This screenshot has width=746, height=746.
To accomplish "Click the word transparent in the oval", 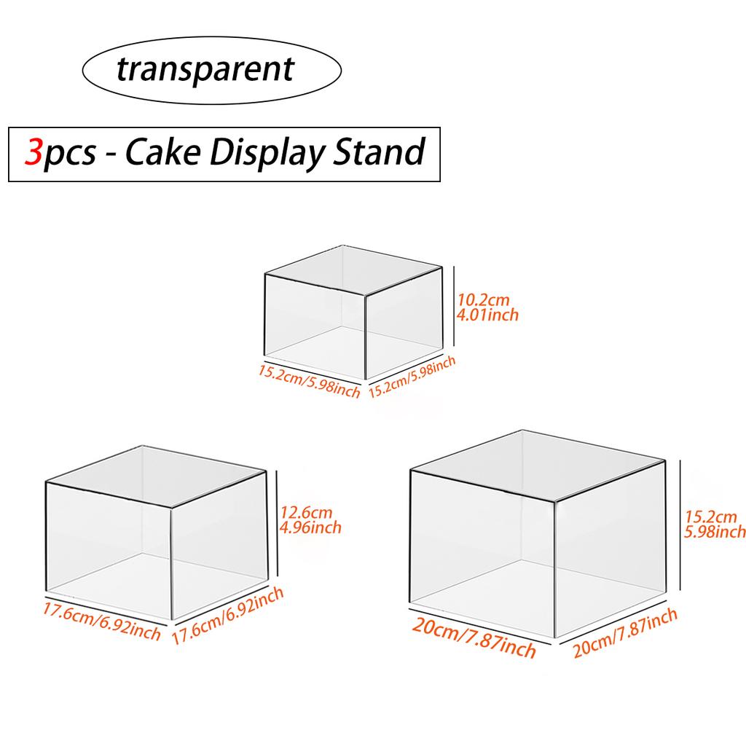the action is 205,70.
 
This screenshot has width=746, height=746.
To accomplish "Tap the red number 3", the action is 34,152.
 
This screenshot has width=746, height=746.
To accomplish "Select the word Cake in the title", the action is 162,152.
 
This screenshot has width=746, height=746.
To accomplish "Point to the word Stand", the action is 378,152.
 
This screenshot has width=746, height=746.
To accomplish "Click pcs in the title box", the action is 69,155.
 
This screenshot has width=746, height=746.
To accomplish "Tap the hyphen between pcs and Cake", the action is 110,155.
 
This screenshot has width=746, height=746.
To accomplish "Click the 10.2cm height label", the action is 484,299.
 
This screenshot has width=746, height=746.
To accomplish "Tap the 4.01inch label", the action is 487,315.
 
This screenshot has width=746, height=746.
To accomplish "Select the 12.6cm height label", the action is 306,512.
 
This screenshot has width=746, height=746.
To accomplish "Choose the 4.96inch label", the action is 310,527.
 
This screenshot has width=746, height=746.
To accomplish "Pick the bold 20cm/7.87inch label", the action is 474,637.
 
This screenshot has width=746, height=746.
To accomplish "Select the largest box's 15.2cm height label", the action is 711,517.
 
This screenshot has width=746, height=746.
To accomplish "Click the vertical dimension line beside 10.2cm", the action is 455,306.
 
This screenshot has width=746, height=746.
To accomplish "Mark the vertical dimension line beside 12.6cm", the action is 276,523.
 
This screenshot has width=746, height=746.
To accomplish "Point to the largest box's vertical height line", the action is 680,525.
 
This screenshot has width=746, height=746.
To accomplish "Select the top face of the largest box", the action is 538,466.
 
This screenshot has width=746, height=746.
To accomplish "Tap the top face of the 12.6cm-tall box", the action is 156,476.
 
